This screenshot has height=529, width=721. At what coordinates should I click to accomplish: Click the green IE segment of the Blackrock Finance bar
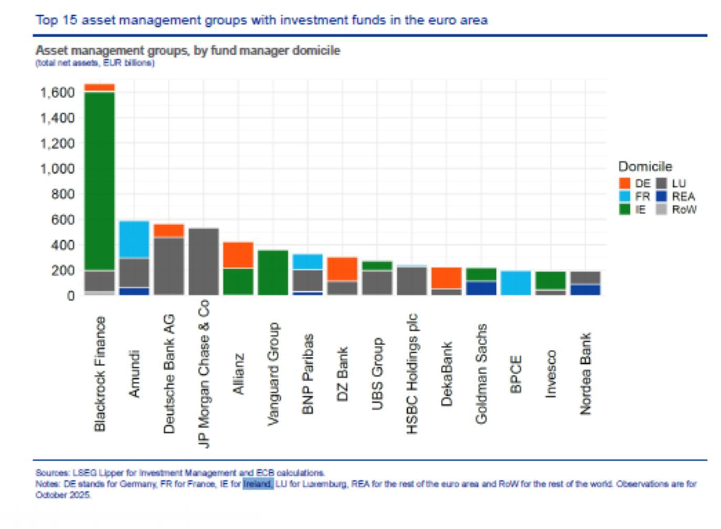pyautogui.click(x=99, y=181)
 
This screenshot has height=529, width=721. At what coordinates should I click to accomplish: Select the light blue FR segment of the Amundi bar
pyautogui.click(x=134, y=239)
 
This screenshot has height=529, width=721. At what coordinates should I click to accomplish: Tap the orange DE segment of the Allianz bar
pyautogui.click(x=238, y=255)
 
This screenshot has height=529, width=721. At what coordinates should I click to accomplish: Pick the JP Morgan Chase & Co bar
pyautogui.click(x=204, y=261)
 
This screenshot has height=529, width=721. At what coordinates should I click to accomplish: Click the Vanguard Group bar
pyautogui.click(x=273, y=272)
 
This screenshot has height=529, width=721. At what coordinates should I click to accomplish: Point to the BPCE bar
pyautogui.click(x=515, y=283)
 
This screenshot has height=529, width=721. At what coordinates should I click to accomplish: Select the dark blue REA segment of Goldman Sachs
pyautogui.click(x=481, y=288)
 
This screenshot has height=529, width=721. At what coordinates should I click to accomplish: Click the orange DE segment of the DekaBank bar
pyautogui.click(x=446, y=278)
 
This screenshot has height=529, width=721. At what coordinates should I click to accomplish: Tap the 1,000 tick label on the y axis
pyautogui.click(x=57, y=168)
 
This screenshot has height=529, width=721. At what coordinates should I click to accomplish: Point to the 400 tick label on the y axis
pyautogui.click(x=62, y=245)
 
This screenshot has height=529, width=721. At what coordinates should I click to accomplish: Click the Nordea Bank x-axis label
pyautogui.click(x=585, y=374)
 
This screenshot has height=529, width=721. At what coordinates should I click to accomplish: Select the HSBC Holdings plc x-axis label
pyautogui.click(x=412, y=374)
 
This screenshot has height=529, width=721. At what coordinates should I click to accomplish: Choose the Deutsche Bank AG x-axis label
pyautogui.click(x=169, y=374)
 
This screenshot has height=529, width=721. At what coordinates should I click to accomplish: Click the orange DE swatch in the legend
pyautogui.click(x=624, y=183)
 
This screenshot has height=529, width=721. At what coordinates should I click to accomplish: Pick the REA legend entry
pyautogui.click(x=683, y=196)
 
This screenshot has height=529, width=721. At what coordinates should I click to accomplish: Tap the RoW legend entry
pyautogui.click(x=684, y=209)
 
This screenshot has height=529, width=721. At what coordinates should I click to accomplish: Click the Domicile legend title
pyautogui.click(x=645, y=166)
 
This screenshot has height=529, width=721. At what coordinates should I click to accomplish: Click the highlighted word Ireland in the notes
pyautogui.click(x=258, y=484)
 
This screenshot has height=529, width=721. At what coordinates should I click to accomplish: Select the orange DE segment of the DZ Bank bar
pyautogui.click(x=342, y=269)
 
